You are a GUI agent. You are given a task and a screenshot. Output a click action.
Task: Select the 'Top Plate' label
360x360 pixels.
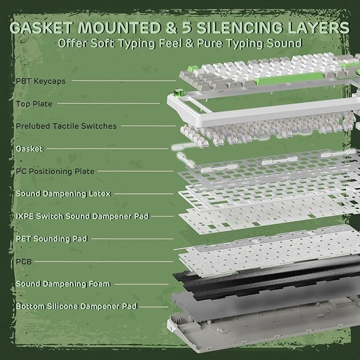34,104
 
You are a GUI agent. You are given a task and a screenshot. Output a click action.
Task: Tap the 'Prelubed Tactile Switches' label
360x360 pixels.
66,126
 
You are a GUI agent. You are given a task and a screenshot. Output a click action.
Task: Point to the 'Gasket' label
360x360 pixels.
29,149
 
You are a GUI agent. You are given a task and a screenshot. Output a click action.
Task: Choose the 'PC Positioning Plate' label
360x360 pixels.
55,171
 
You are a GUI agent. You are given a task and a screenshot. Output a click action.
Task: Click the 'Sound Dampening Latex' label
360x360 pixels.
63,194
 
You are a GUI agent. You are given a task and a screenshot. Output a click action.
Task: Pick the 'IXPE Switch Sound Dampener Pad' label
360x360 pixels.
82,216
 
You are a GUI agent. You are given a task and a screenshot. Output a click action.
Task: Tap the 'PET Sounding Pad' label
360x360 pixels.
51,239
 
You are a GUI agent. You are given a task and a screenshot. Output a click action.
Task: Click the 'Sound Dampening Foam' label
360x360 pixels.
63,284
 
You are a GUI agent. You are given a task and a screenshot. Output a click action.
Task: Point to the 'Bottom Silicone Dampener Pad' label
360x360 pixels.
76,306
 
